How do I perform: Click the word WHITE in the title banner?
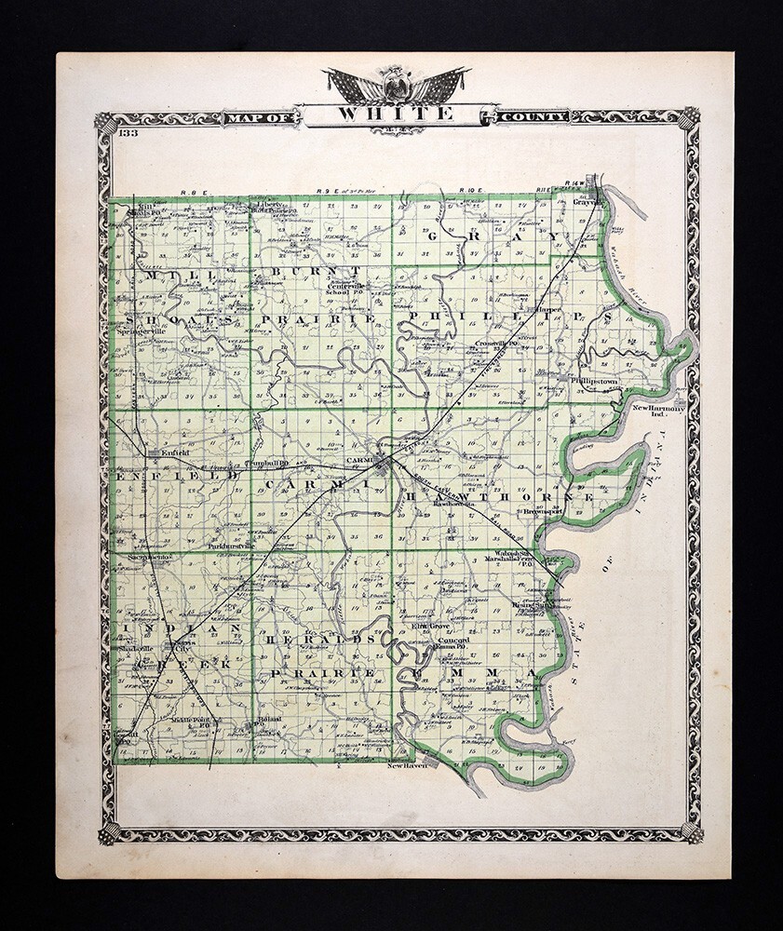point(396,115)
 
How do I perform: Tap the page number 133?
point(129,136)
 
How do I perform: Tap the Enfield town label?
point(175,453)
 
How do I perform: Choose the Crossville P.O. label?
point(495,343)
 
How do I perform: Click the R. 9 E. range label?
point(326,192)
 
